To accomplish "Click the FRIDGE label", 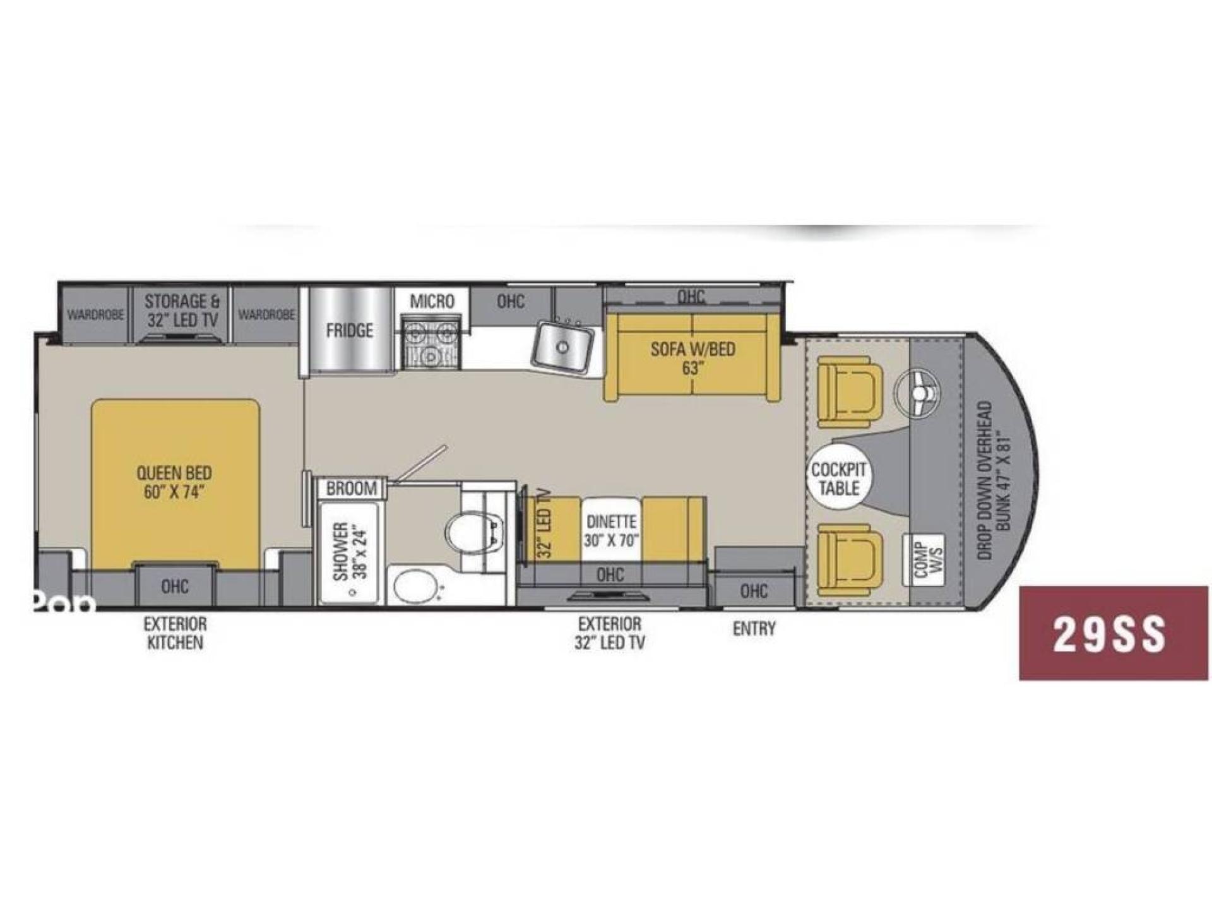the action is click(x=349, y=330).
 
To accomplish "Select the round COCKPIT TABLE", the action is click(x=839, y=478).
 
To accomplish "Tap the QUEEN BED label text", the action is click(x=174, y=482).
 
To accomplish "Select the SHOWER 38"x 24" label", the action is click(x=350, y=550).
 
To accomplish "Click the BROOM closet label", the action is click(x=352, y=488).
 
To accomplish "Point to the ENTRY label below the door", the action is click(x=754, y=629).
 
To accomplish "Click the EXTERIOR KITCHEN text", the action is click(x=175, y=633).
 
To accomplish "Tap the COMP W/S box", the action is click(x=927, y=560).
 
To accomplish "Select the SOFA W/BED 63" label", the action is click(x=692, y=358).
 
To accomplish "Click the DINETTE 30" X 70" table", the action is click(x=611, y=530).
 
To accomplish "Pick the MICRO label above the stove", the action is click(x=432, y=301).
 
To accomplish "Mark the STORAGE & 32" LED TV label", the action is click(x=182, y=311).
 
